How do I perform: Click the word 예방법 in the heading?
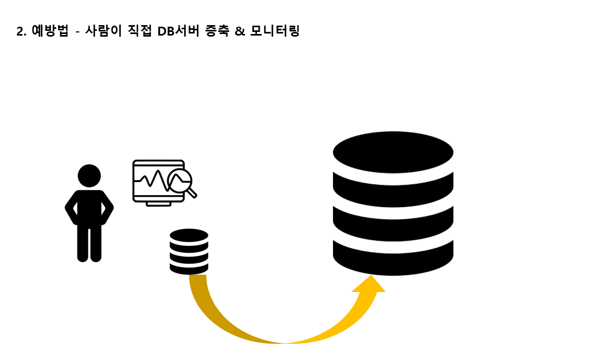tap(50, 31)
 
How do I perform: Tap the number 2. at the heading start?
tap(21, 31)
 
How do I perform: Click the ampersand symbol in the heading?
tap(240, 31)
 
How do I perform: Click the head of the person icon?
tap(89, 176)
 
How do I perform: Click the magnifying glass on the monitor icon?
tap(181, 182)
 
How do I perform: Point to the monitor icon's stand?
tap(158, 203)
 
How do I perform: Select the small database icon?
tap(189, 252)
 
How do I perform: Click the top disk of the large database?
tap(393, 152)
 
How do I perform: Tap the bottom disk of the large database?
tap(393, 260)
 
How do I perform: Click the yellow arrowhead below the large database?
tap(369, 286)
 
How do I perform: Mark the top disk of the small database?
tap(189, 235)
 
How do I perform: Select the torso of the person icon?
tap(89, 207)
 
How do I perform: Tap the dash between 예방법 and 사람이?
tap(77, 32)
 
